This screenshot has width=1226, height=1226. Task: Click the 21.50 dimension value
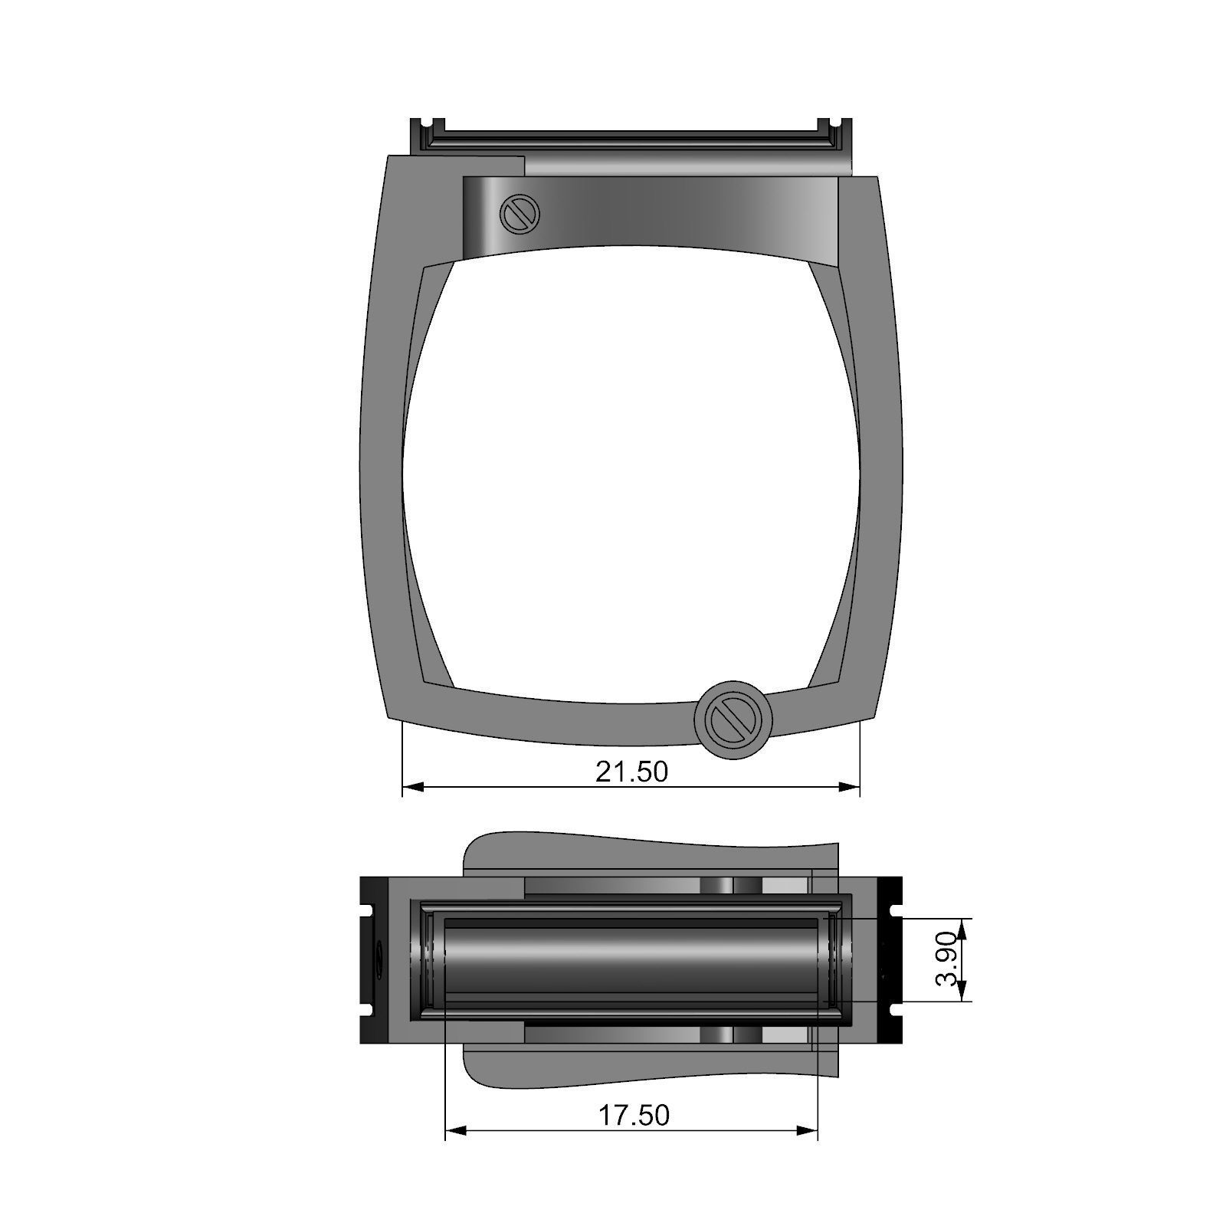pos(631,772)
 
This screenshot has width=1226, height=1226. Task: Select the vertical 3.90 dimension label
pos(947,959)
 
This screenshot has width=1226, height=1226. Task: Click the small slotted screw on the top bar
pos(520,214)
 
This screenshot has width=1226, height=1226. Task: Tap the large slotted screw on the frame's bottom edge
pos(733,719)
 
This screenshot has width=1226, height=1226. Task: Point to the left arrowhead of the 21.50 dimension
pos(413,787)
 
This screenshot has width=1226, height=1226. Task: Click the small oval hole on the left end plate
pos(378,961)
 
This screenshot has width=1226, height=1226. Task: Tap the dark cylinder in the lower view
pos(636,961)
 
